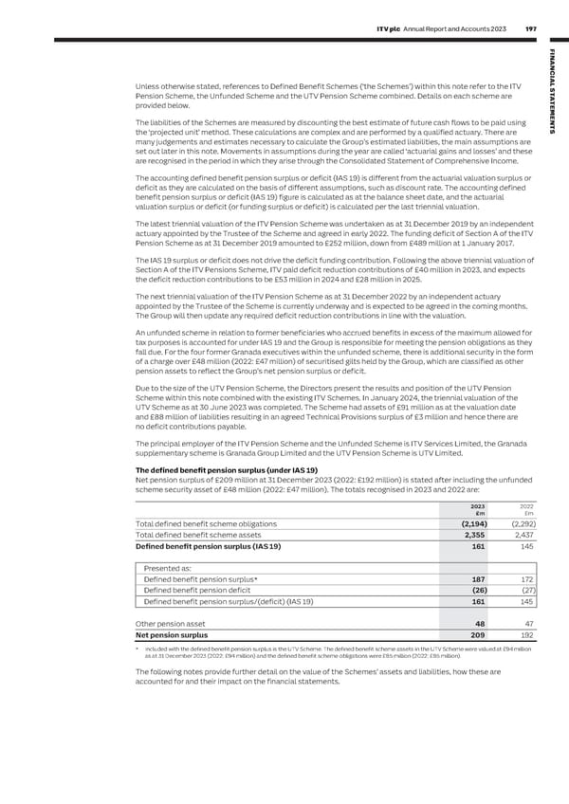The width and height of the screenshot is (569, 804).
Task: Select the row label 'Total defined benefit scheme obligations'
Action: click(x=207, y=523)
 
